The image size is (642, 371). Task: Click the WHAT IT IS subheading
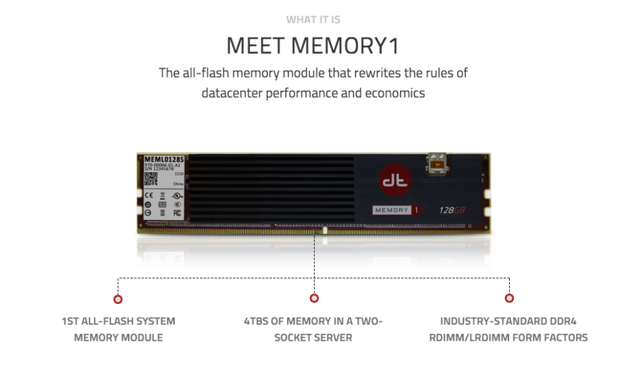(x=313, y=19)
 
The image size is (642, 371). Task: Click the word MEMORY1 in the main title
(x=350, y=46)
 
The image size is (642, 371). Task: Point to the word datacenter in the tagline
(x=231, y=93)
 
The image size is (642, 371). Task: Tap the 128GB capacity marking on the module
(x=451, y=211)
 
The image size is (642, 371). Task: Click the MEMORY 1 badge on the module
(x=396, y=210)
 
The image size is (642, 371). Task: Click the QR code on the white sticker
(x=150, y=179)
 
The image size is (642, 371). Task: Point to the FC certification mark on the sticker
(x=177, y=212)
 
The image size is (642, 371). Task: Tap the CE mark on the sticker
(x=149, y=195)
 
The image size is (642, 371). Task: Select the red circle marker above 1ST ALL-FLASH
(x=118, y=299)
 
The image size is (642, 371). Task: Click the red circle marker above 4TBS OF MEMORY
(x=314, y=298)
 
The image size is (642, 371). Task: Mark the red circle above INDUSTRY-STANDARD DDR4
(x=509, y=298)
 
